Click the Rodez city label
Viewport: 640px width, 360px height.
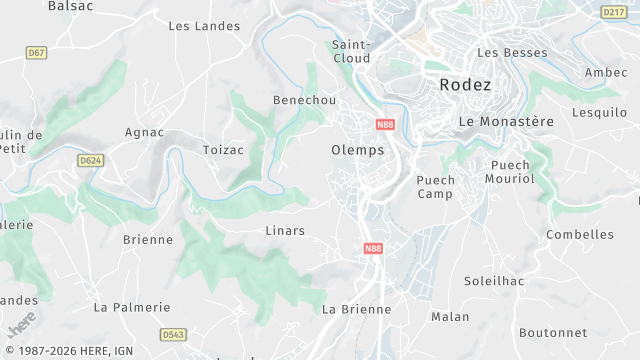[x=465, y=85]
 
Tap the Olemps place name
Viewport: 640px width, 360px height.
[x=357, y=150]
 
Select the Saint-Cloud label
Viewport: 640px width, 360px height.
[x=351, y=51]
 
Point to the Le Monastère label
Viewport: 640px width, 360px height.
[x=505, y=121]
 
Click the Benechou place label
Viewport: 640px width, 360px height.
[x=304, y=101]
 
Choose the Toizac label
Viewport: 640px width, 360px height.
[x=223, y=150]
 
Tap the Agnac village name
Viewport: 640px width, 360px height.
[x=144, y=132]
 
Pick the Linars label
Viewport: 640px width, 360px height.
[x=285, y=231]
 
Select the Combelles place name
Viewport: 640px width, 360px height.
[x=580, y=235]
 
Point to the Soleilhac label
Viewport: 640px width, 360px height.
[x=495, y=282]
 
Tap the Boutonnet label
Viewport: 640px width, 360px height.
[x=553, y=333]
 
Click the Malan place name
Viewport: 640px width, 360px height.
[x=450, y=317]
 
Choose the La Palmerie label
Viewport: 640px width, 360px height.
[x=132, y=307]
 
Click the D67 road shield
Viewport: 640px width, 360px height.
[x=37, y=52]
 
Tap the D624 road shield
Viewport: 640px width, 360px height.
[x=90, y=160]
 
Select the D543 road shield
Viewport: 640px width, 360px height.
[x=173, y=335]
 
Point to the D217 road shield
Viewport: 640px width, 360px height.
[x=613, y=12]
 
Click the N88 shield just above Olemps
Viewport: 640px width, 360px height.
[x=385, y=125]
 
